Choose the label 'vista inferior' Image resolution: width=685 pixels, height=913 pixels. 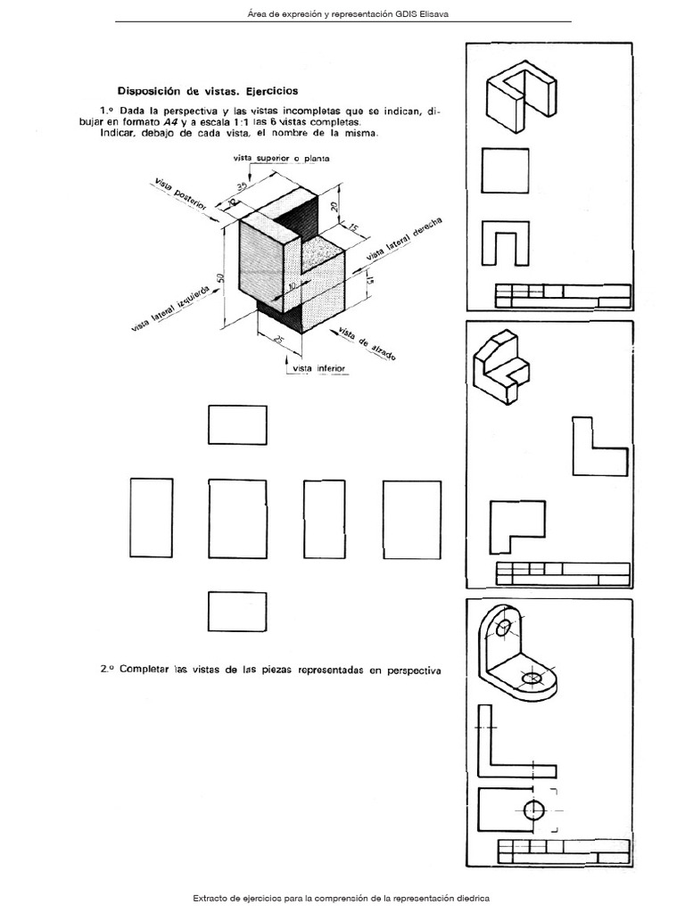pyautogui.click(x=318, y=368)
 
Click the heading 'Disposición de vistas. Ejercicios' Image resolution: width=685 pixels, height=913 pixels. pyautogui.click(x=208, y=91)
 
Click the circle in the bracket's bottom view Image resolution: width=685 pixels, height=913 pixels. pyautogui.click(x=533, y=810)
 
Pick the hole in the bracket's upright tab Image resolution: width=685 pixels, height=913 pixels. pyautogui.click(x=504, y=629)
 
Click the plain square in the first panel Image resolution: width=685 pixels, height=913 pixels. pyautogui.click(x=505, y=169)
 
